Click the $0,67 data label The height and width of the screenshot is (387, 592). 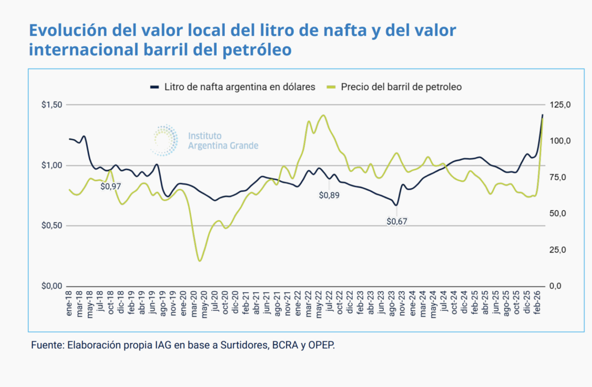(397, 221)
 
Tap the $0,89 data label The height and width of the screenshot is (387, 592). (329, 195)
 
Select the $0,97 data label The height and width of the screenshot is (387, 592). (111, 186)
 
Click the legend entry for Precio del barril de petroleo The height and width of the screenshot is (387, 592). (401, 87)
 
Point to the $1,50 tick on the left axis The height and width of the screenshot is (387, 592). (52, 105)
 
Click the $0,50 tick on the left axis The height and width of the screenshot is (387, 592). (52, 225)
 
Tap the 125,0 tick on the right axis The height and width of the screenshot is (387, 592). (560, 105)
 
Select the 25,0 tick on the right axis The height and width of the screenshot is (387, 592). (558, 250)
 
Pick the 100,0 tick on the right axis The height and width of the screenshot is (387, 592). (560, 141)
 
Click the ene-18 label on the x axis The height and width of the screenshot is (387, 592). (70, 304)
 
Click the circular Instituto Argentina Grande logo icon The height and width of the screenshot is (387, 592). (165, 140)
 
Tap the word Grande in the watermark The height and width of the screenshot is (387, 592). (243, 146)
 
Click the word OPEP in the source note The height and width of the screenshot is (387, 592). (320, 346)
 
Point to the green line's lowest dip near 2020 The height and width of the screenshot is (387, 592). (200, 261)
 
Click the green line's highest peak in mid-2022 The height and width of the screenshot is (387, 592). (323, 115)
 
